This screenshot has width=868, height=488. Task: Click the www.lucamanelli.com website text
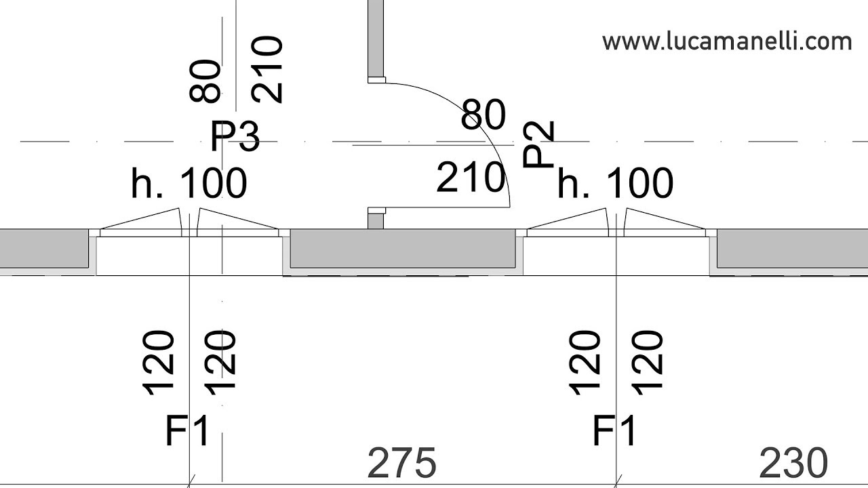tap(727, 42)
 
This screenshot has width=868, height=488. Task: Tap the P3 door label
tap(235, 136)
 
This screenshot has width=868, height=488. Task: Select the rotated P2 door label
tap(538, 144)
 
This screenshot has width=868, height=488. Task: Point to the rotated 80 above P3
tap(205, 81)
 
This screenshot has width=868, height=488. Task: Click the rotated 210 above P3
tap(267, 70)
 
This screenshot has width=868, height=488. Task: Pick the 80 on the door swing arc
tap(484, 115)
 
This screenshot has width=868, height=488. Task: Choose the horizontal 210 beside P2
tap(471, 178)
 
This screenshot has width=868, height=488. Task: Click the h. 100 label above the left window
tap(189, 183)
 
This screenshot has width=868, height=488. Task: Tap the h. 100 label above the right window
tap(615, 183)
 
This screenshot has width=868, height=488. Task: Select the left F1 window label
tap(188, 430)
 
